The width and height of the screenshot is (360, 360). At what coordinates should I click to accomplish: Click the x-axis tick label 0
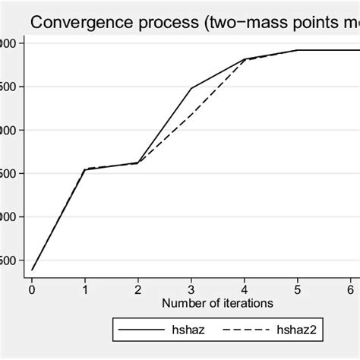pyautogui.click(x=31, y=289)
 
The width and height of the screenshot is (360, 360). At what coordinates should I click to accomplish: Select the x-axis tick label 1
pyautogui.click(x=84, y=289)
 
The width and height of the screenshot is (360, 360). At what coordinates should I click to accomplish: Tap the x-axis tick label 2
pyautogui.click(x=137, y=289)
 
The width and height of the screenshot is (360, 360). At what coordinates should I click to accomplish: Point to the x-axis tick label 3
pyautogui.click(x=191, y=289)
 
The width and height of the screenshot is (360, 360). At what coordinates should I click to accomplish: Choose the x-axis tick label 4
pyautogui.click(x=244, y=289)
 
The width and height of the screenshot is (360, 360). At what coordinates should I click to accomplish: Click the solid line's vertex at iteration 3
pyautogui.click(x=191, y=88)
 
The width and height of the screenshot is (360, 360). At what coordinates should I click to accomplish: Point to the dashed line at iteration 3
pyautogui.click(x=191, y=114)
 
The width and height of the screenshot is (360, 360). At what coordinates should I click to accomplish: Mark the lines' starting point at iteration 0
pyautogui.click(x=31, y=270)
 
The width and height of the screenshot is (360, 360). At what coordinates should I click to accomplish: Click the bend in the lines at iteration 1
pyautogui.click(x=84, y=169)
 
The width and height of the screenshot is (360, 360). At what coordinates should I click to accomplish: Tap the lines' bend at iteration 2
pyautogui.click(x=137, y=163)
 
